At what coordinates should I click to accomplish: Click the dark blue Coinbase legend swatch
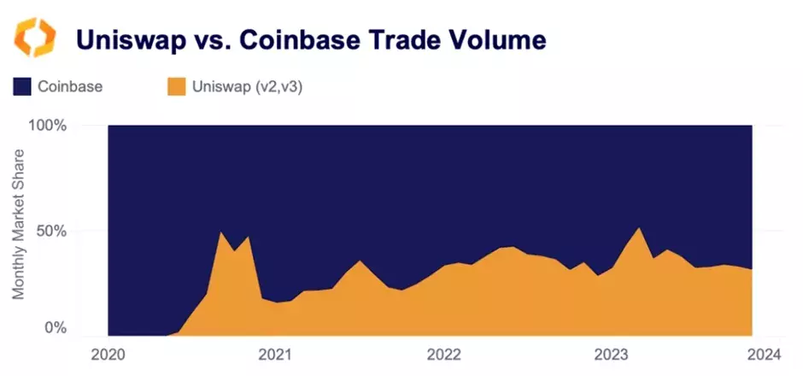coord(22,86)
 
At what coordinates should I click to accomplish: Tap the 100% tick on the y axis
coord(49,126)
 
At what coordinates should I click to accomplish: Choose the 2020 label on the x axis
coord(108,354)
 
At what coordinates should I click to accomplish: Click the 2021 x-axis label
coord(273,354)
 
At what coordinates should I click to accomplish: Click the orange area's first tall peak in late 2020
coord(222,233)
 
